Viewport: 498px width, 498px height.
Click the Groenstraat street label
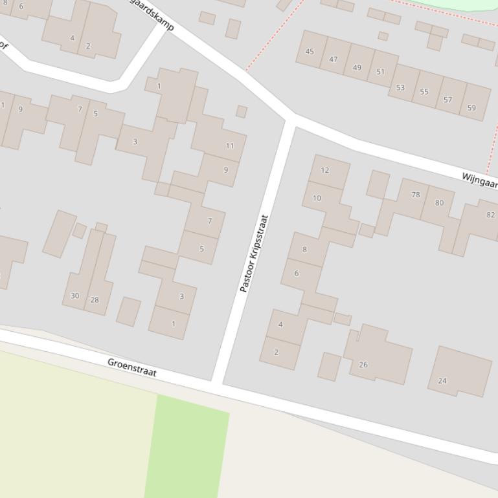[x=132, y=367]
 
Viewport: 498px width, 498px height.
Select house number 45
[x=310, y=52]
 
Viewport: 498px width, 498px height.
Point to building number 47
[x=333, y=60]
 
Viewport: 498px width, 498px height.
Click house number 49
[x=357, y=67]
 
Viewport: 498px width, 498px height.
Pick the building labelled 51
[x=380, y=72]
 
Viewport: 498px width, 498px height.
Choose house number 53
[x=400, y=87]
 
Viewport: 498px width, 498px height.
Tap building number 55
[x=424, y=92]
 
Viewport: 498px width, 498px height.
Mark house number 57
[x=447, y=100]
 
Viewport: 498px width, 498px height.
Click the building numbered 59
[x=471, y=107]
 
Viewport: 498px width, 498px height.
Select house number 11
[x=229, y=146]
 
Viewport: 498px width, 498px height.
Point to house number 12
[x=324, y=170]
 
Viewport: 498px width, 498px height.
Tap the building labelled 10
[x=317, y=198]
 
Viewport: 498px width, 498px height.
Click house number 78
[x=415, y=194]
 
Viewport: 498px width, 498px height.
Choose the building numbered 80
[x=440, y=202]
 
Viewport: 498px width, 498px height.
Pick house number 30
[x=74, y=296]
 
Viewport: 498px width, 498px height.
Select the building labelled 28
[x=95, y=299]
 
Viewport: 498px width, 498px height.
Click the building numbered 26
[x=363, y=365]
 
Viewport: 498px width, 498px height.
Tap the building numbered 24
[x=442, y=380]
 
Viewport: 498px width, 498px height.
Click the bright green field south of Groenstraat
[x=188, y=446]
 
